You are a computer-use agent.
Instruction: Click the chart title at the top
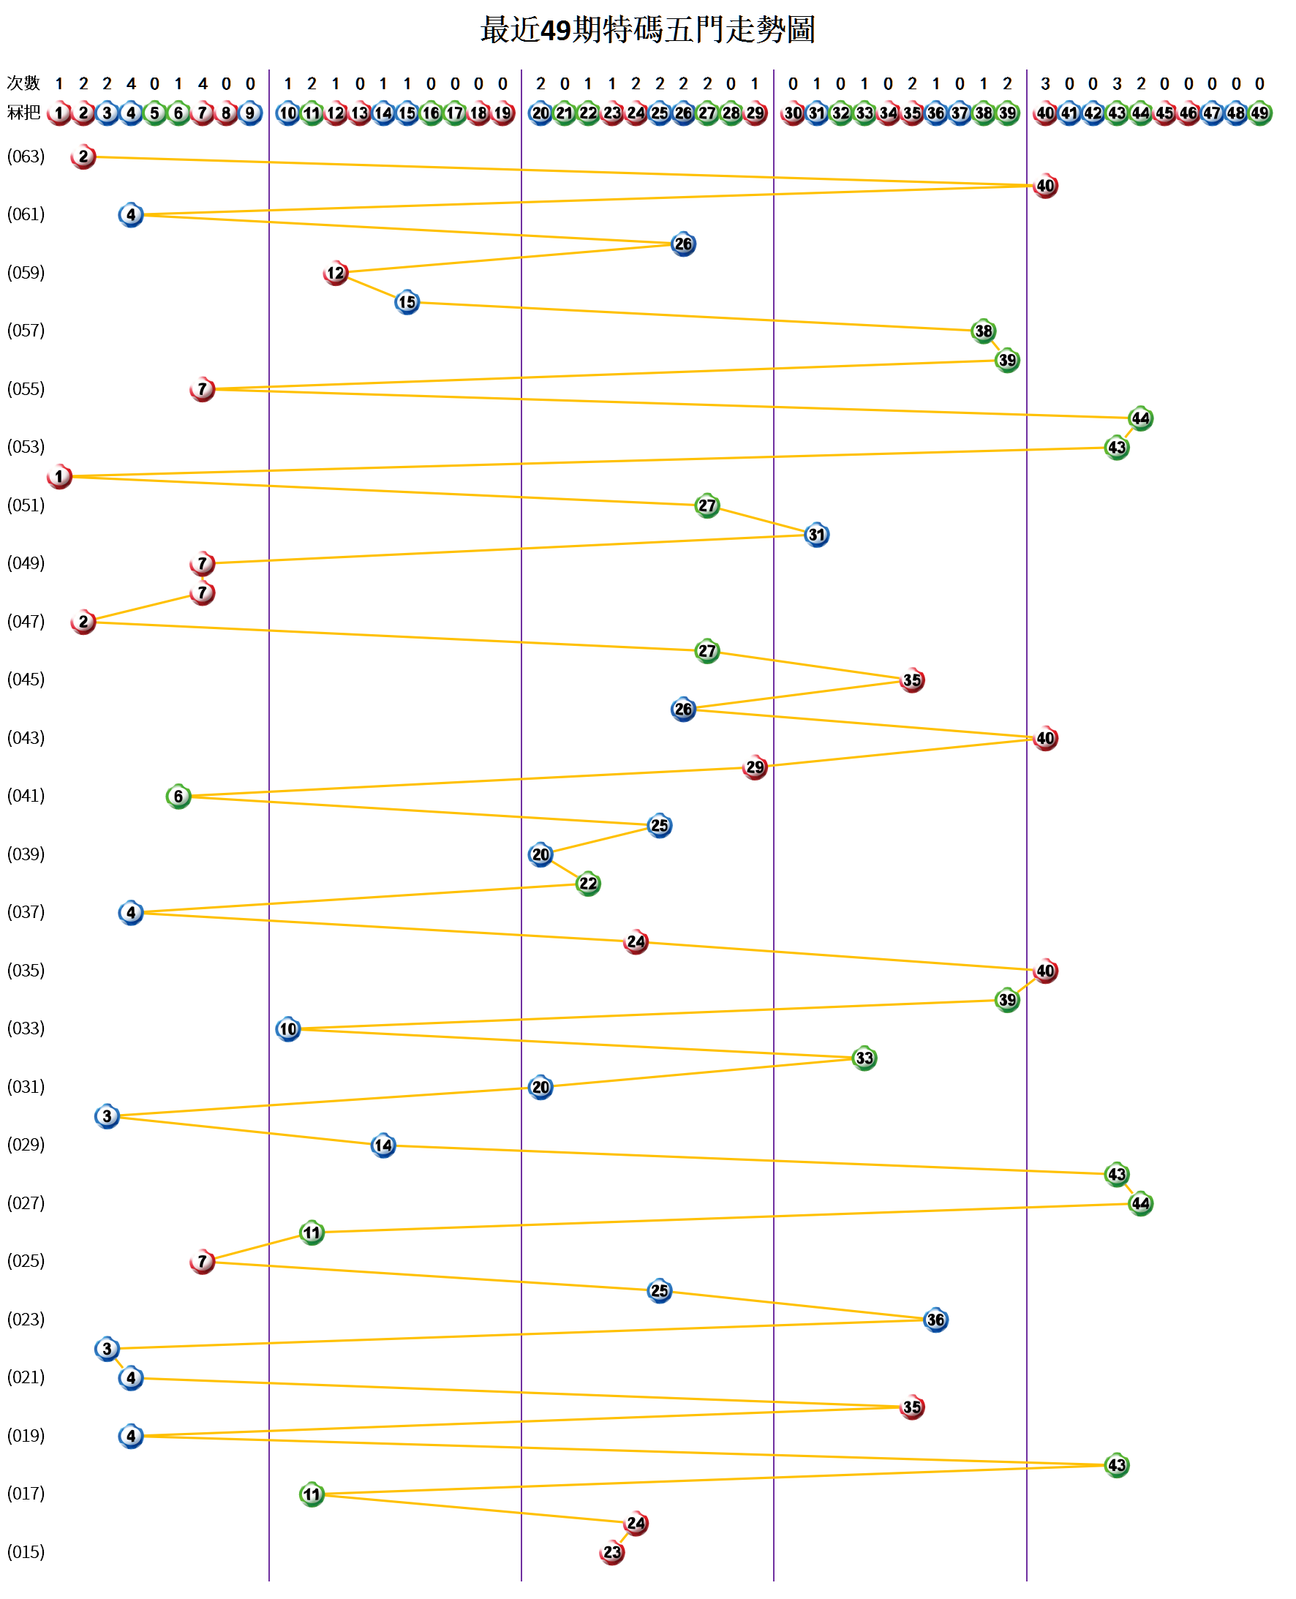(647, 30)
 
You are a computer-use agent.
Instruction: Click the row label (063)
(26, 157)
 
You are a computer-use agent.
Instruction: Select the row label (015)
(26, 1552)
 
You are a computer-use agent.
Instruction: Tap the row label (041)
(26, 796)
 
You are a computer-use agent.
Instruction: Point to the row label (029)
(26, 1144)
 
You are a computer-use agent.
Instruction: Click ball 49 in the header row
(1259, 113)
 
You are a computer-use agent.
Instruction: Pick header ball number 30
(793, 113)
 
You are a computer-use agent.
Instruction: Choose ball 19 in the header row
(503, 113)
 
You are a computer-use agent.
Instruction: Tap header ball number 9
(250, 113)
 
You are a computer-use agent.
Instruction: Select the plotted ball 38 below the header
(984, 331)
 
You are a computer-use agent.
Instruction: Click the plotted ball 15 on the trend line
(407, 302)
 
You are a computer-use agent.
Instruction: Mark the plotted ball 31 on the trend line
(817, 535)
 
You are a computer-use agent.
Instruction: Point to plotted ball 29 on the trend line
(755, 767)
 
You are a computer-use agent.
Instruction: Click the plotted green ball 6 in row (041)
(178, 797)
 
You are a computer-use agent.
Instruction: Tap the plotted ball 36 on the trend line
(935, 1320)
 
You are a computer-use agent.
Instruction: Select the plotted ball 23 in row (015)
(612, 1553)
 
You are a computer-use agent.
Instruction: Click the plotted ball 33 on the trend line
(864, 1058)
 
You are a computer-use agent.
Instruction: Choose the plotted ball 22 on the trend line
(588, 884)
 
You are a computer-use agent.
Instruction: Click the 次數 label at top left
(23, 83)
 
